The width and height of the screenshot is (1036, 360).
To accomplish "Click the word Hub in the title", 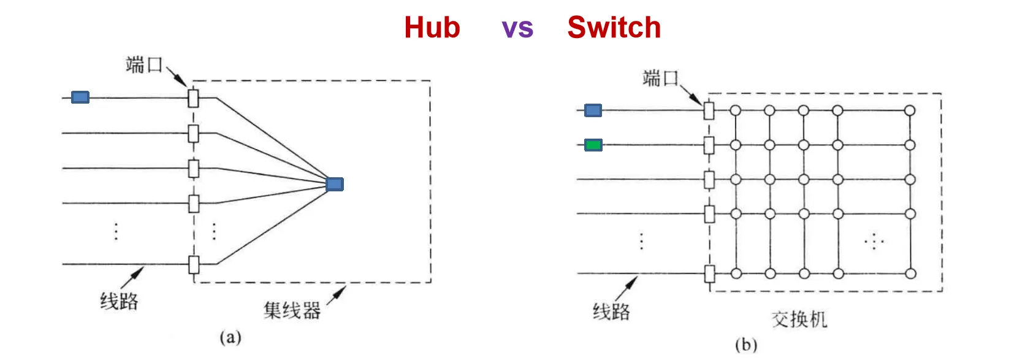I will coord(432,28).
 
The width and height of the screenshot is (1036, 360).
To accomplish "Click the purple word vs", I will coord(517,28).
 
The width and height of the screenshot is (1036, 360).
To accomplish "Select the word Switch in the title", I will coord(614,28).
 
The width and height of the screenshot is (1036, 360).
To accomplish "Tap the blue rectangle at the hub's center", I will coord(335,184).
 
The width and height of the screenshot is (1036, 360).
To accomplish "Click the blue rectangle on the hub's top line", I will coord(80,97).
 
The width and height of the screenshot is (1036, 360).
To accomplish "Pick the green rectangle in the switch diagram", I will coord(593,145).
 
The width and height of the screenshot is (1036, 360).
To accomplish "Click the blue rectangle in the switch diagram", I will coord(593,110).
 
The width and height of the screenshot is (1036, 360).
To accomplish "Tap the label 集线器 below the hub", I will coord(292,310).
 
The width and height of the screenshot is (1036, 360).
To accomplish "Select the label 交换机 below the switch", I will coord(799,319).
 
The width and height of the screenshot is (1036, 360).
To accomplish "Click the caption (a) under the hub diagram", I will coord(230,337).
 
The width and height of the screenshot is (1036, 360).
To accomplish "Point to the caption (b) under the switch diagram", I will coord(746,345).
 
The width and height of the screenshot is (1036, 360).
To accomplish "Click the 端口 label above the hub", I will coord(143,64).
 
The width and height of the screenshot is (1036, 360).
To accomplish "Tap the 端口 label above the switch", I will coord(660,78).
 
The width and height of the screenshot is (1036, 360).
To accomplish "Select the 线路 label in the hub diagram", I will coord(119,301).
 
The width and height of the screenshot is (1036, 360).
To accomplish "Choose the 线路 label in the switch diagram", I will coord(611,312).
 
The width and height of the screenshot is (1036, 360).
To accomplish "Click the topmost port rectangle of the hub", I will coord(193,98).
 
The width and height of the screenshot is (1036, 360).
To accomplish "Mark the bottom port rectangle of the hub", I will coord(194,265).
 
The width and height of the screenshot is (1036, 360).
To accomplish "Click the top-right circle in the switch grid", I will coord(910,110).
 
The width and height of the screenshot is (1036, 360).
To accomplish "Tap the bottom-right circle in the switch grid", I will coord(910,274).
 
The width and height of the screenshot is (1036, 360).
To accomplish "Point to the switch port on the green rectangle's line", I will coord(709,145).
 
